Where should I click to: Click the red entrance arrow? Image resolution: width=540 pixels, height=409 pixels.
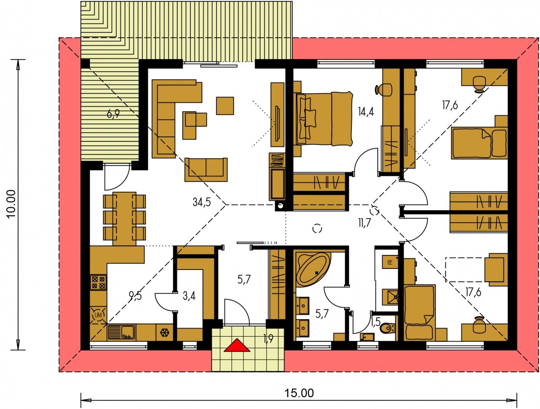click(237, 345)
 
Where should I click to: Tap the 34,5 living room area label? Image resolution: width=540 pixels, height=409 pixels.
click(201, 202)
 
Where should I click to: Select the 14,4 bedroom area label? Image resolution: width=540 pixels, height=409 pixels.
click(366, 111)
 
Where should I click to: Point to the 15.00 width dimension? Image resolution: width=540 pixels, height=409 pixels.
click(299, 393)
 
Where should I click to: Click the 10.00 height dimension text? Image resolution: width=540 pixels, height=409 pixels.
click(12, 204)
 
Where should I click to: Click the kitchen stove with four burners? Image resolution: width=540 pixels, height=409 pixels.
click(99, 282)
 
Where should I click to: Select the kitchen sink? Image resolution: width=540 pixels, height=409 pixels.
click(121, 332)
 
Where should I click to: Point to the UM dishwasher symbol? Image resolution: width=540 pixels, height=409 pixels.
click(98, 314)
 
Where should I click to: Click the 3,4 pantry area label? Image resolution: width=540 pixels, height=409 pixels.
click(189, 295)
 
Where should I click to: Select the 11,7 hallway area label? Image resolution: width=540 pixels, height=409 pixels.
click(364, 223)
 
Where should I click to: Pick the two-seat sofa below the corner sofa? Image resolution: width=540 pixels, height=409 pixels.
click(206, 170)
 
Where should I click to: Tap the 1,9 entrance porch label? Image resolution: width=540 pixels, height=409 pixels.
click(268, 339)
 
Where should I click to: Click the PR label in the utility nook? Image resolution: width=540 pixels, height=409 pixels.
click(390, 262)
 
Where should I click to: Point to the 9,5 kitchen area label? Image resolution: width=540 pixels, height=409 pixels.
click(135, 295)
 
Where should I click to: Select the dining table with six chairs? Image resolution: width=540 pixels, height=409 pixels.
click(125, 218)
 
